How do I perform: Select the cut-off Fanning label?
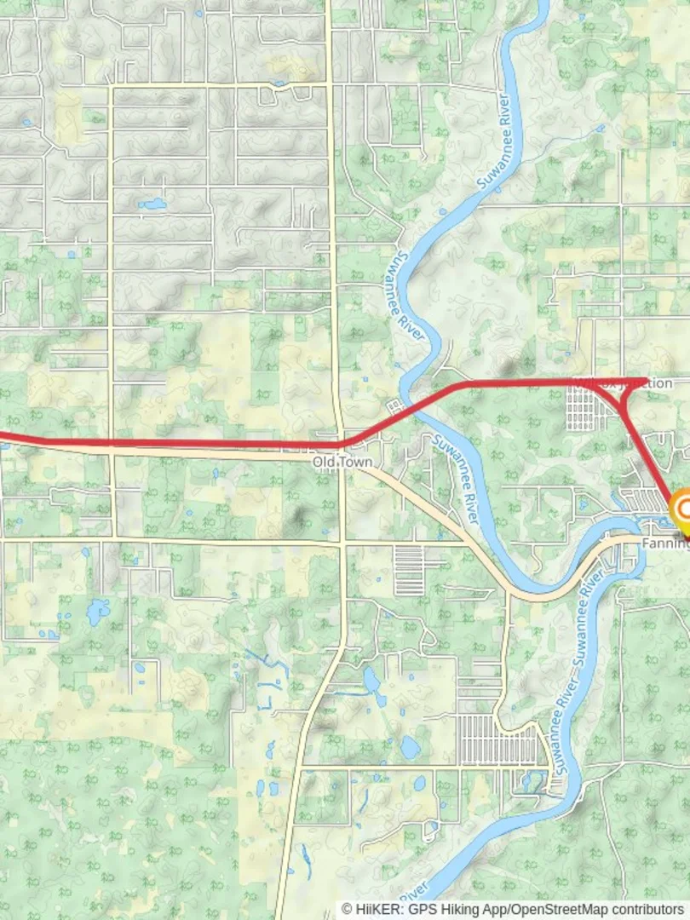(665, 543)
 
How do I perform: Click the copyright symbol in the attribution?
(347, 910)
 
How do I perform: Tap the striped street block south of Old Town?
(409, 570)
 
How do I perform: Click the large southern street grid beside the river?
(498, 739)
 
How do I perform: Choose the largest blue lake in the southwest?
(98, 610)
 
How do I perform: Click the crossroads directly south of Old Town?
(342, 542)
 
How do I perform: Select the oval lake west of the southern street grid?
(410, 748)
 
